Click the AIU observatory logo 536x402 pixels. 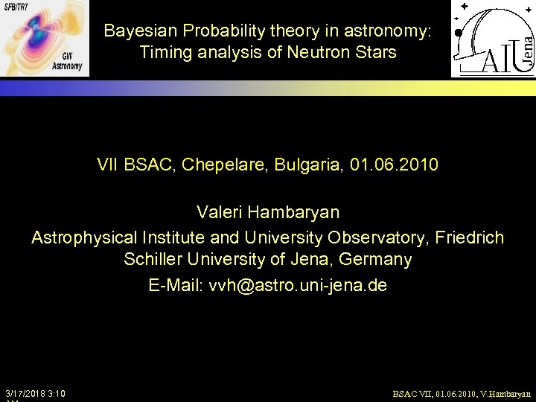tap(492, 39)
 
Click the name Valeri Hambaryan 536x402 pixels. tap(268, 212)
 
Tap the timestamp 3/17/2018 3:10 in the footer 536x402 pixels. tap(35, 392)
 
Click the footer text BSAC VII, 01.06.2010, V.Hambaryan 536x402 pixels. tap(462, 393)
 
